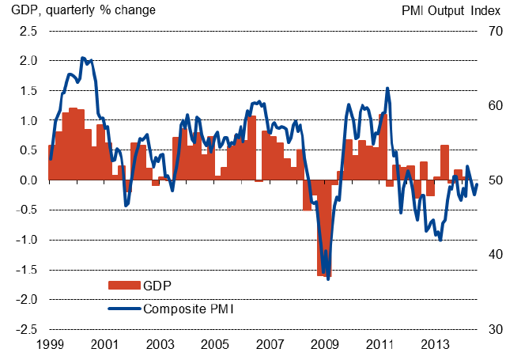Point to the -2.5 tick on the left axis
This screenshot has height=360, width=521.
[25, 329]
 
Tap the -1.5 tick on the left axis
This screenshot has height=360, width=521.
[25, 270]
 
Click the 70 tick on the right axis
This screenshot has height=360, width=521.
[496, 31]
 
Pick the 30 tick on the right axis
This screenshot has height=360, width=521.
[496, 329]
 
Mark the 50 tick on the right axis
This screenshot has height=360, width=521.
[496, 180]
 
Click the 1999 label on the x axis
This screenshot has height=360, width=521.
[50, 345]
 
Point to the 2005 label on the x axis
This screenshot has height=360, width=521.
[215, 345]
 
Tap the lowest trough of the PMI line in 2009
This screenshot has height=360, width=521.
[328, 279]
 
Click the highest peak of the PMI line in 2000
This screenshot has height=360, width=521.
[82, 58]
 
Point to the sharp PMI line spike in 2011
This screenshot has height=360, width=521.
[387, 88]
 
